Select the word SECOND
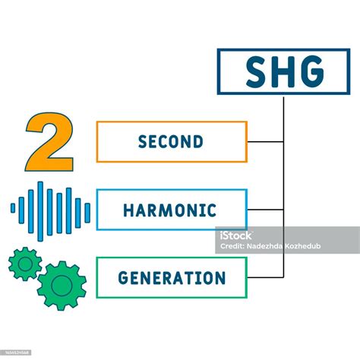tap(171, 142)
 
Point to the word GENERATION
tap(172, 278)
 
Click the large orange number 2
tap(50, 143)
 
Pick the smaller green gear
tap(24, 263)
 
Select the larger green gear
tap(62, 285)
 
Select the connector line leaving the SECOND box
tap(265, 142)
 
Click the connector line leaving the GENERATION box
tap(265, 277)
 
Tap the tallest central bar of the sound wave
tap(51, 210)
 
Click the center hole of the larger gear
tap(62, 285)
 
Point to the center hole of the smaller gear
tap(24, 263)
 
